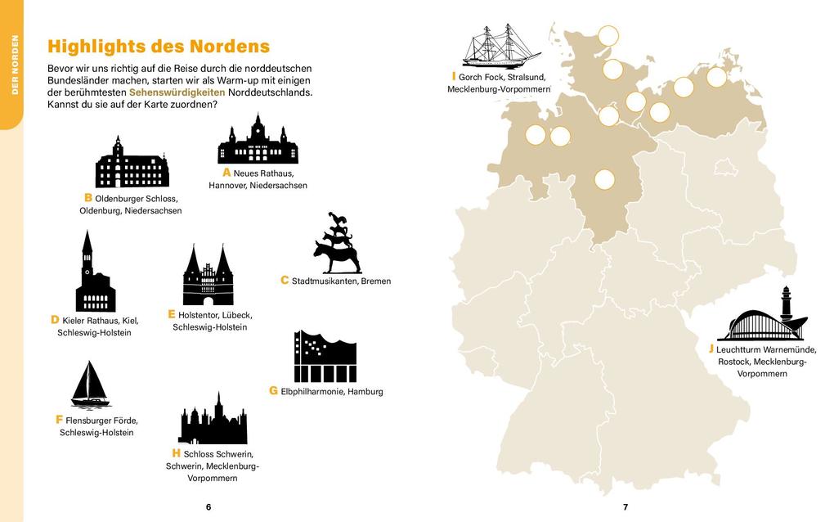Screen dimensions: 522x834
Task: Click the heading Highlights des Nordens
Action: tap(159, 46)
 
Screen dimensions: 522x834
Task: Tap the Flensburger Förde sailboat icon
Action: tap(90, 385)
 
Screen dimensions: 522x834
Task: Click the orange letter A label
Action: tap(226, 173)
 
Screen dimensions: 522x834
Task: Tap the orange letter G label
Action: tap(273, 391)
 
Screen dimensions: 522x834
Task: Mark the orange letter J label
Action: tap(711, 349)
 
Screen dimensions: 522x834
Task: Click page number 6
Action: tap(208, 507)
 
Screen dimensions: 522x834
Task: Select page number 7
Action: tap(625, 507)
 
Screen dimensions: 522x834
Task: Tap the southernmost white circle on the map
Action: tap(603, 179)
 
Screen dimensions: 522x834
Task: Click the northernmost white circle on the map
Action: tap(608, 36)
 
